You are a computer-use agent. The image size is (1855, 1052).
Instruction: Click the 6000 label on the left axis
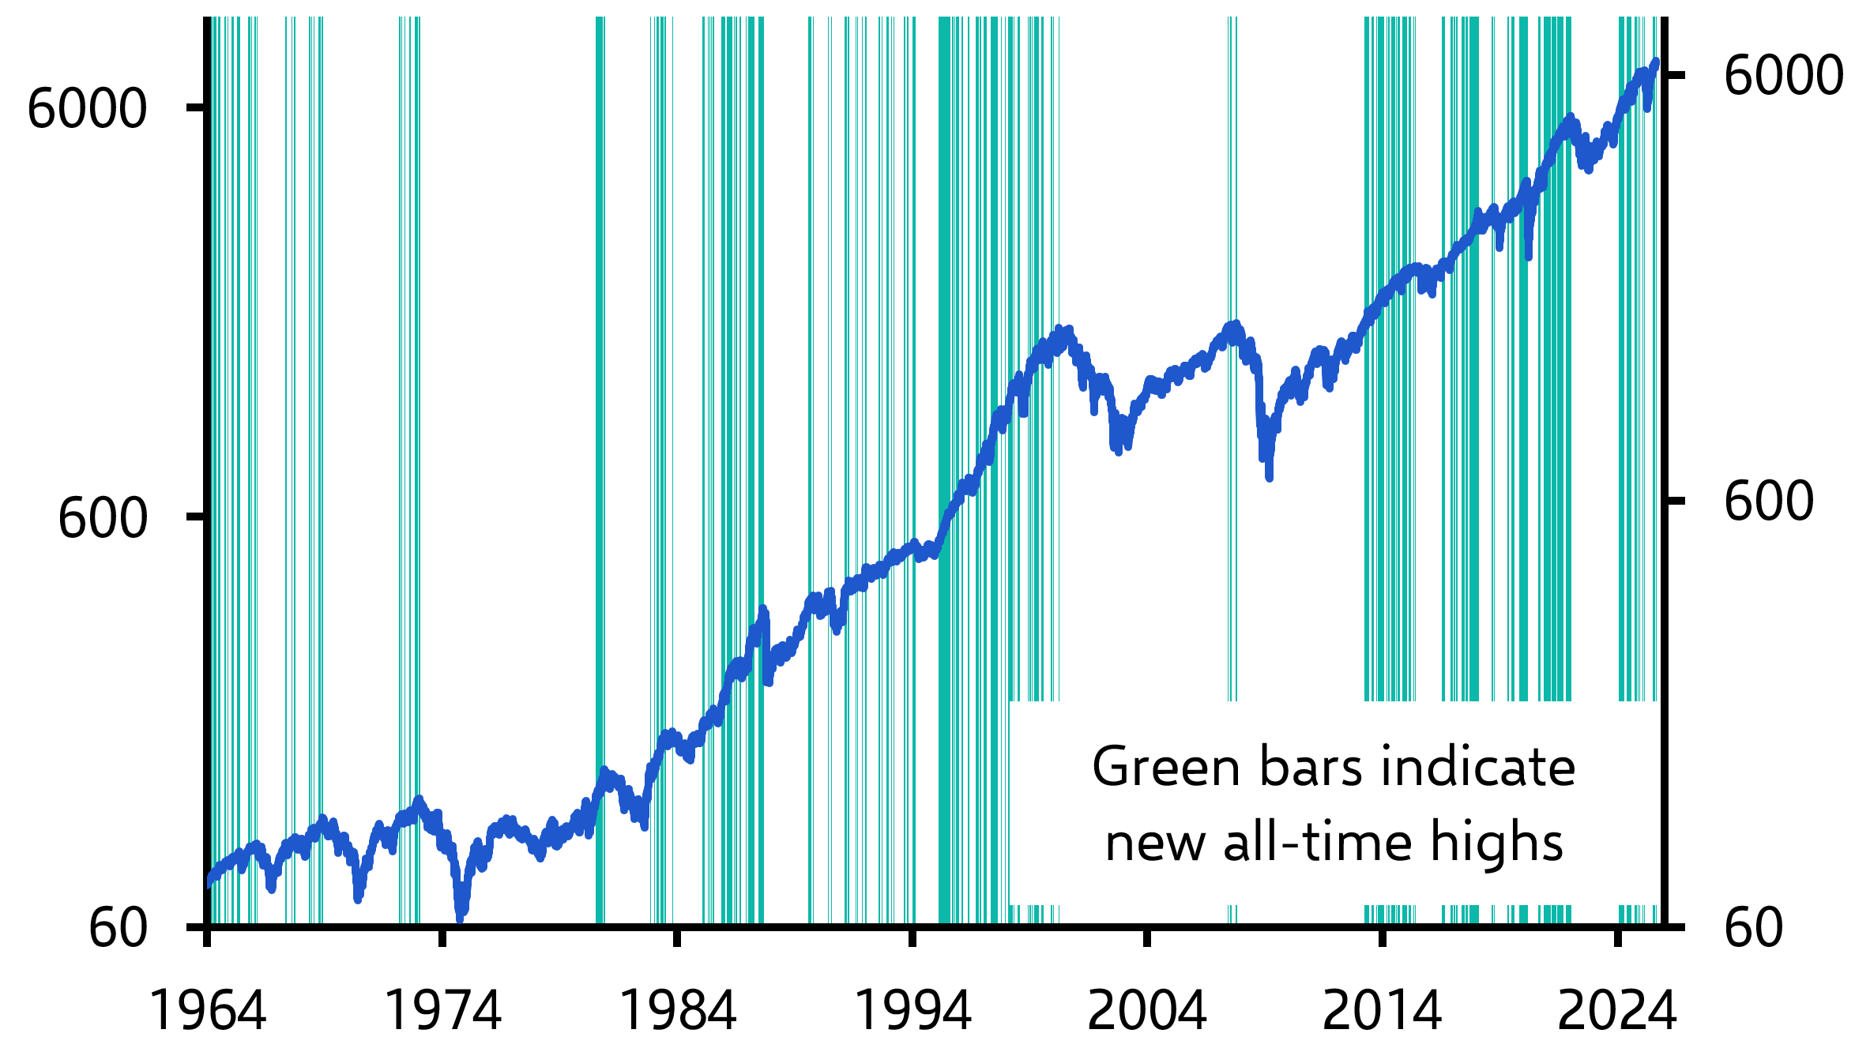click(87, 108)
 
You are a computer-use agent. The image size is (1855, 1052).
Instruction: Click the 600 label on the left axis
click(103, 518)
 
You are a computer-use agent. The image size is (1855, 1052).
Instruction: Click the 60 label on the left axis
click(118, 927)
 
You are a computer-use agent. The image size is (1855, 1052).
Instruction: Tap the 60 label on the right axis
click(1753, 927)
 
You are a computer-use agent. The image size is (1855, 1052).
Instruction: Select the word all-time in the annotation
click(1319, 843)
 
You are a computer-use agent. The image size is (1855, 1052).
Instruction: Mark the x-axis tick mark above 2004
click(1147, 937)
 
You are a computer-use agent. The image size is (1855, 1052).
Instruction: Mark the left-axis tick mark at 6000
click(196, 107)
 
